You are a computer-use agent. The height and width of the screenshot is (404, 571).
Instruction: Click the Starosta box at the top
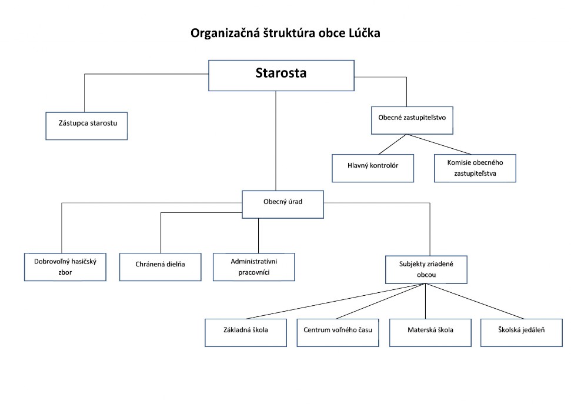tap(281, 75)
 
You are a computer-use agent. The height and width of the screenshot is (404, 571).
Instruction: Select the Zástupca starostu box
tap(86, 125)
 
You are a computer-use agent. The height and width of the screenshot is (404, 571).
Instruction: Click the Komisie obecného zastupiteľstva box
tap(475, 168)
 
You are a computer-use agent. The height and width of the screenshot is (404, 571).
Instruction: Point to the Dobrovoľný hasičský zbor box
tap(65, 267)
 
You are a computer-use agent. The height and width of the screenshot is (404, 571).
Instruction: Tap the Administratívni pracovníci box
tap(254, 266)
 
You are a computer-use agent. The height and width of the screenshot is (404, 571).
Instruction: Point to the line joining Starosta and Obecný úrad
tap(276, 141)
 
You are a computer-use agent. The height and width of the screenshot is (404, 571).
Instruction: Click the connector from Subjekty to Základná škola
tap(335, 301)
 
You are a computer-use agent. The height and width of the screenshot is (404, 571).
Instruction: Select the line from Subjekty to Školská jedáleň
tap(473, 301)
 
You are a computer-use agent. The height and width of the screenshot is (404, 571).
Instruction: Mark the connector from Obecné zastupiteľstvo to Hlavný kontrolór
tap(391, 144)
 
